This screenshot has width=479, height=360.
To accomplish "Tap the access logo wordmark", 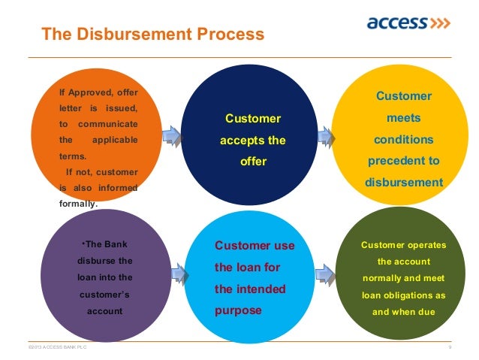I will tap(396, 23).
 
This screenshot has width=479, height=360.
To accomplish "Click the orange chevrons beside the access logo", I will tap(439, 23).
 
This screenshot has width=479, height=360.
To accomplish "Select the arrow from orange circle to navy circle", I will tap(170, 135).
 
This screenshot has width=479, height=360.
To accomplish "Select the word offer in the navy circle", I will tap(254, 161).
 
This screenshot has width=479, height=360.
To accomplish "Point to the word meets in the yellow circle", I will tap(404, 118).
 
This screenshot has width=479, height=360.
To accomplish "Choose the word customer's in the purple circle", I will tap(105, 294).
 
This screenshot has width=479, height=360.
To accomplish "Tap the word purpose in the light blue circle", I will tap(238, 309).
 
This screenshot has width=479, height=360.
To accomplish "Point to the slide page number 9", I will tap(449, 347).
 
